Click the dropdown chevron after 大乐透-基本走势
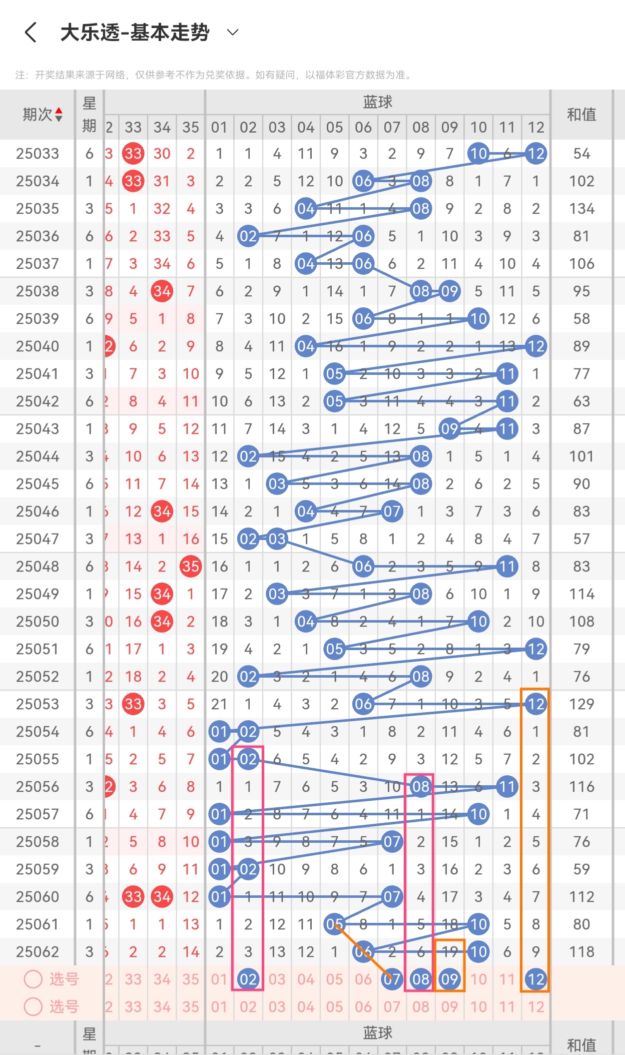click(x=233, y=33)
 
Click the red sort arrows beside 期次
click(x=59, y=115)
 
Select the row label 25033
click(x=38, y=154)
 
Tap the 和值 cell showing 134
click(x=581, y=209)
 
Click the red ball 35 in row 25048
click(x=191, y=567)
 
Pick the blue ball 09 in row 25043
click(x=449, y=429)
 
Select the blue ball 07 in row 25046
click(x=392, y=511)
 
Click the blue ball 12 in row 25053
click(x=535, y=704)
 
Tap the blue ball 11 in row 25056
click(x=507, y=787)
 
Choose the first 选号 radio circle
click(x=33, y=979)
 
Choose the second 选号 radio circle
click(x=33, y=1006)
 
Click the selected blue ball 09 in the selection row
click(x=449, y=979)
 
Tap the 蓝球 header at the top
click(x=377, y=102)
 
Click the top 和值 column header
click(x=581, y=115)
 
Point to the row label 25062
click(x=38, y=952)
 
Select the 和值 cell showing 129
click(x=581, y=704)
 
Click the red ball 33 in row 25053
click(x=133, y=704)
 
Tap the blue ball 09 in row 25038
click(x=449, y=291)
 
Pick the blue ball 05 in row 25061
click(x=334, y=924)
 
